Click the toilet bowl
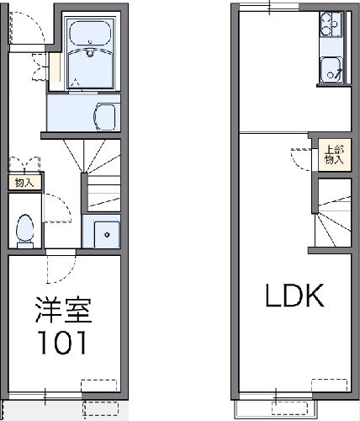26,228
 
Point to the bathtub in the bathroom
88,35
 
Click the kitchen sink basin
329,71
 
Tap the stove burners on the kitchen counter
329,29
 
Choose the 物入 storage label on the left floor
25,181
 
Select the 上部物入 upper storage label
334,156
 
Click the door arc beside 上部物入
300,158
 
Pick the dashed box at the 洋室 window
99,386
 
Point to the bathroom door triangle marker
77,83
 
